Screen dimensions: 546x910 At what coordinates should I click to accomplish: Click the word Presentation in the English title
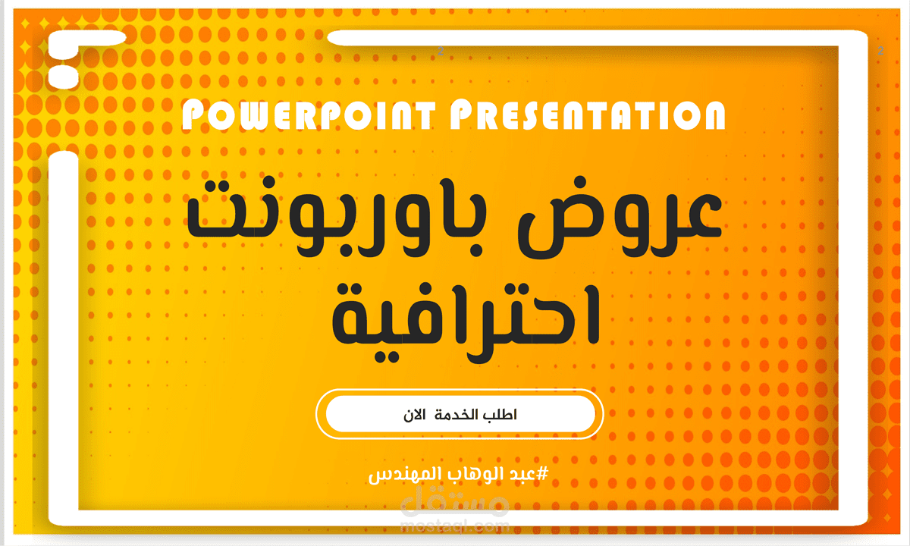(x=588, y=116)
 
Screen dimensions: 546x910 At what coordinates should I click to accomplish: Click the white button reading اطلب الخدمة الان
(x=460, y=414)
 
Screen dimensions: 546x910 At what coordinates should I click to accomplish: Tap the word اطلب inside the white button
(x=500, y=415)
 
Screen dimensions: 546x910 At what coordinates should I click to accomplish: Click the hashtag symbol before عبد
(x=541, y=474)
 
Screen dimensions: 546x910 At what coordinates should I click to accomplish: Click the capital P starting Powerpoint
(x=195, y=116)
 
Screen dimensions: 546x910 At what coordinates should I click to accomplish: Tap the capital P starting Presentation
(x=463, y=116)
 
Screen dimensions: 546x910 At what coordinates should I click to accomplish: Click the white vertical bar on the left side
(x=64, y=334)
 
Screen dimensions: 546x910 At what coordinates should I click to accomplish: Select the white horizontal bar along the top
(x=591, y=38)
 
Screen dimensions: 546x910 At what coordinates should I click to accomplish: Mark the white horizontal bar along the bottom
(x=455, y=518)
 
